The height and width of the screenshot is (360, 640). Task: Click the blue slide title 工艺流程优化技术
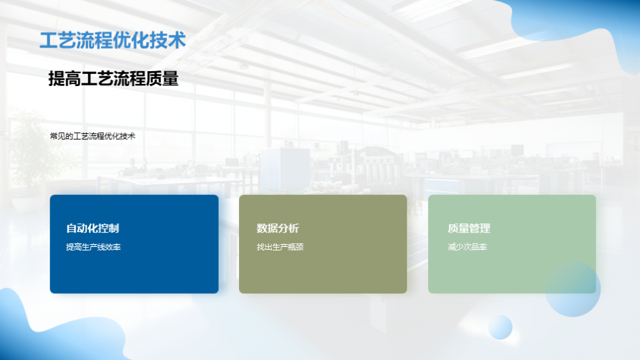(x=112, y=41)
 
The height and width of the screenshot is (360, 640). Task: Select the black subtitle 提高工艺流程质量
(x=114, y=78)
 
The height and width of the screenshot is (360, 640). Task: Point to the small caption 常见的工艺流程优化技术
(x=92, y=137)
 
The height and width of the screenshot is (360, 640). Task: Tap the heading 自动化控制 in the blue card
(x=92, y=228)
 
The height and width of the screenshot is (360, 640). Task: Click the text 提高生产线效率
(x=93, y=247)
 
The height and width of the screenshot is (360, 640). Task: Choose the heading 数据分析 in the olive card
(x=278, y=228)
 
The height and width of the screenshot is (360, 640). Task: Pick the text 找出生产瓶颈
(x=280, y=247)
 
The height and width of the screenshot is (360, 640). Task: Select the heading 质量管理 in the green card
(x=469, y=228)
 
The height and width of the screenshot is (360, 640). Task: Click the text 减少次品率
(x=467, y=247)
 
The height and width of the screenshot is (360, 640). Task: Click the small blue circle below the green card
(x=500, y=327)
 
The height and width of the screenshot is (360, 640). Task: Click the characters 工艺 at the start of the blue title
(x=58, y=41)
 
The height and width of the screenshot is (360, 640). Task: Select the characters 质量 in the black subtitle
(x=162, y=78)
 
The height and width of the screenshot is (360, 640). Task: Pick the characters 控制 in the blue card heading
(x=109, y=228)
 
